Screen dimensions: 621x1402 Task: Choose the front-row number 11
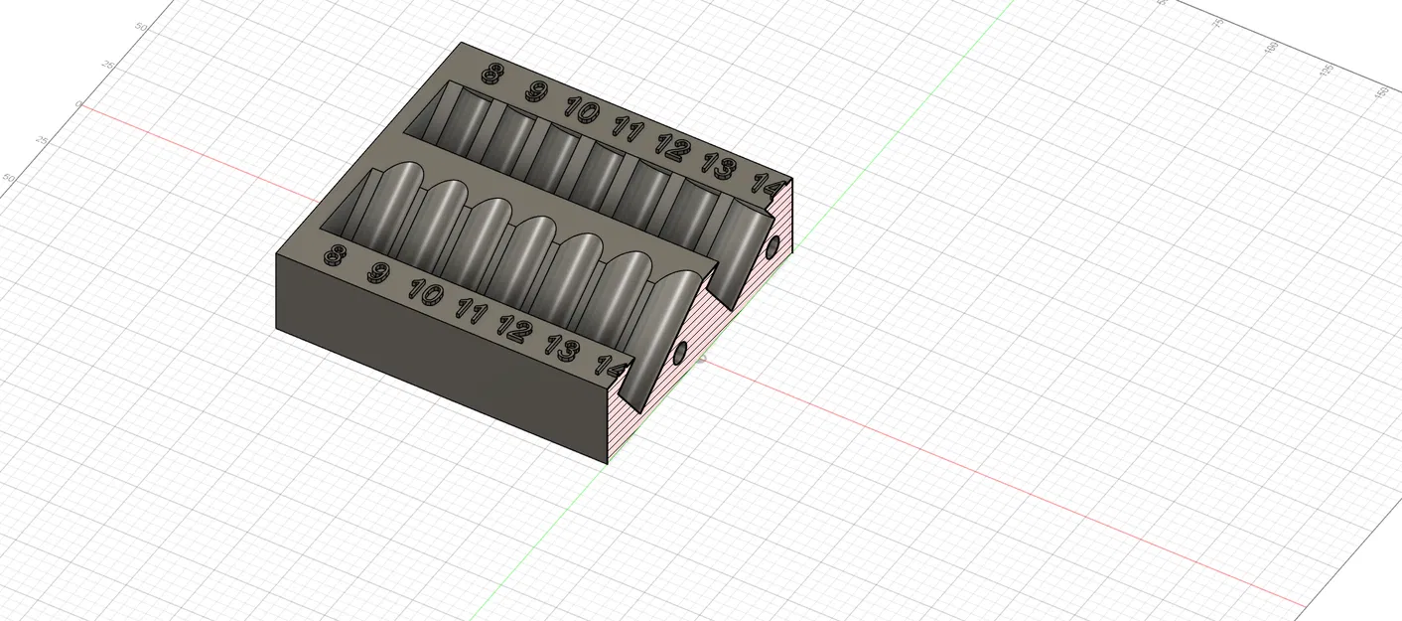pyautogui.click(x=471, y=312)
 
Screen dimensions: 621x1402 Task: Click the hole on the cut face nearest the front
pyautogui.click(x=680, y=353)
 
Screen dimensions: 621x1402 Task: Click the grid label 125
pyautogui.click(x=1326, y=71)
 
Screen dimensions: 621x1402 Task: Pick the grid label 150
pyautogui.click(x=1381, y=92)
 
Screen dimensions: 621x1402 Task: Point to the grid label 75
pyautogui.click(x=1219, y=24)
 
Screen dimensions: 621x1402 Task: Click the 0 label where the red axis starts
pyautogui.click(x=77, y=104)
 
